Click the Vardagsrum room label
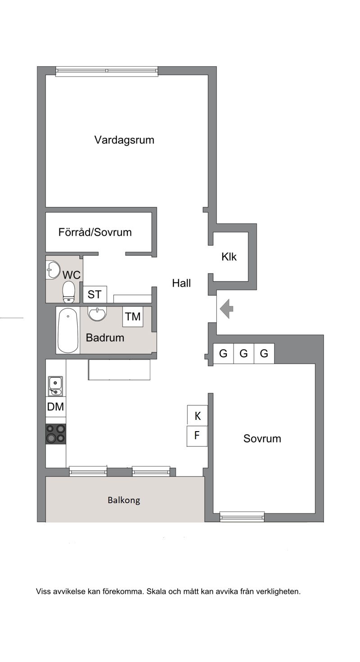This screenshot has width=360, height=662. click(124, 140)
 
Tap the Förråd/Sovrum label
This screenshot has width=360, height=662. click(95, 232)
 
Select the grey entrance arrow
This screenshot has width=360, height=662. click(226, 309)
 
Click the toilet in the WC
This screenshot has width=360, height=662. click(68, 292)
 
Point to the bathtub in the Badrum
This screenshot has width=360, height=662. click(68, 330)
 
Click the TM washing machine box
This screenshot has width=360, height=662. click(133, 316)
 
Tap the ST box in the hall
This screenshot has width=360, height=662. click(94, 294)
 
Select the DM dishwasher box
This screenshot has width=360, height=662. click(55, 407)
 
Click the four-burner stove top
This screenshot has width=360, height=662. click(55, 434)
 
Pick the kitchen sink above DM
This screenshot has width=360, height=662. click(55, 386)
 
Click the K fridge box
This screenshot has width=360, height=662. click(198, 415)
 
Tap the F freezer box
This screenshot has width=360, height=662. click(197, 436)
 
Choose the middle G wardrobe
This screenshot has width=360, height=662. click(243, 353)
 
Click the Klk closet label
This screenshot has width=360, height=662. click(229, 257)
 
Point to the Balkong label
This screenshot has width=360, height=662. click(124, 500)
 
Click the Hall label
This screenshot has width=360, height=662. click(181, 283)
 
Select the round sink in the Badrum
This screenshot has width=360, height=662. click(97, 314)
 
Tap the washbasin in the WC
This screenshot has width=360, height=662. click(53, 270)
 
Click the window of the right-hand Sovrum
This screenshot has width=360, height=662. click(242, 517)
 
